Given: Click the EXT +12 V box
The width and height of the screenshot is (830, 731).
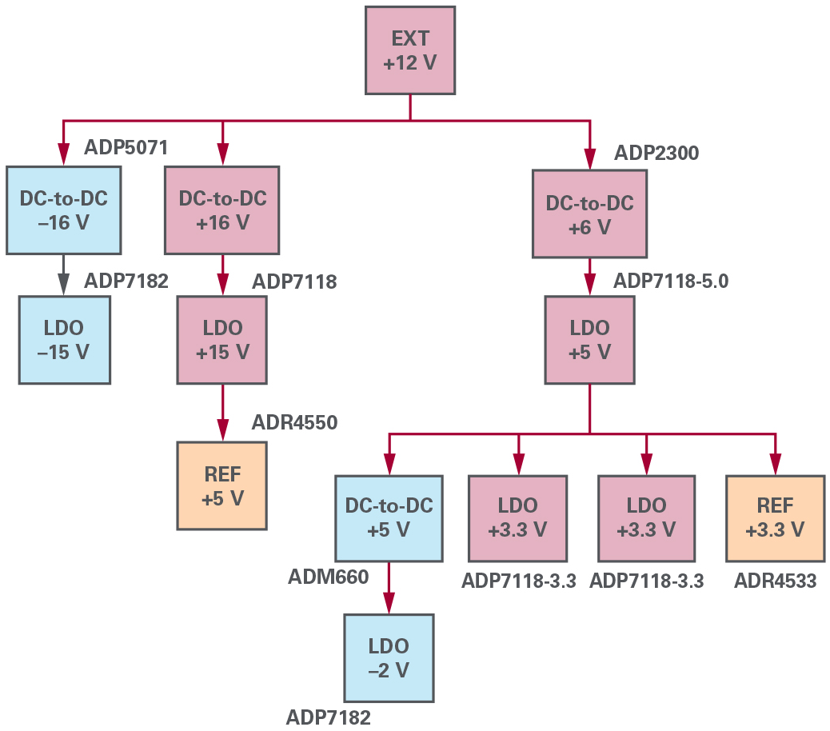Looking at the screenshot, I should click(x=410, y=51).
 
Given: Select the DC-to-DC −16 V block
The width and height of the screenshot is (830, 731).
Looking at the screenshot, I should click(x=64, y=210).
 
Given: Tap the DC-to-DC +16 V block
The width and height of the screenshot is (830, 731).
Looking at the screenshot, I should click(x=222, y=210).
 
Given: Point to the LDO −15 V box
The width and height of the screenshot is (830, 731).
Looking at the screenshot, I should click(x=64, y=340).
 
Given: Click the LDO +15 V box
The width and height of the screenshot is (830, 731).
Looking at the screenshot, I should click(x=223, y=340).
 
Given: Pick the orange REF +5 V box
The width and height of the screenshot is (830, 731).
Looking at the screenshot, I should click(x=222, y=485).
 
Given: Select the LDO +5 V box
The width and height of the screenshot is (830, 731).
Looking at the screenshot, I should click(x=589, y=339).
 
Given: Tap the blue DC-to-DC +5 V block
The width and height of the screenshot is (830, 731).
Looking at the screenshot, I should click(x=389, y=518).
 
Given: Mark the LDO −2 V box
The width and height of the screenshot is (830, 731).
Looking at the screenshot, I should click(x=389, y=658).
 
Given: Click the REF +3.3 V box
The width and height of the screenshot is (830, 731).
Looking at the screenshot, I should click(x=774, y=518).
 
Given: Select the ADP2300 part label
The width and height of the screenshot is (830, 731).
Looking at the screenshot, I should click(x=656, y=154).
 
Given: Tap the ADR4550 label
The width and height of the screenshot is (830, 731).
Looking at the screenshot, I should click(x=294, y=422).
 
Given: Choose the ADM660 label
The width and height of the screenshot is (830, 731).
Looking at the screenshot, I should click(x=329, y=577).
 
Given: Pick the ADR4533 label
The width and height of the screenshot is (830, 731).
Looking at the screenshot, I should click(x=775, y=581).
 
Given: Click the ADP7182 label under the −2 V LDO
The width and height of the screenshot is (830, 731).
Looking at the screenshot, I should click(x=329, y=717).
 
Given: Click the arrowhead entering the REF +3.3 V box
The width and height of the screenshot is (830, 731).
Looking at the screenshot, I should click(x=774, y=464).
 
